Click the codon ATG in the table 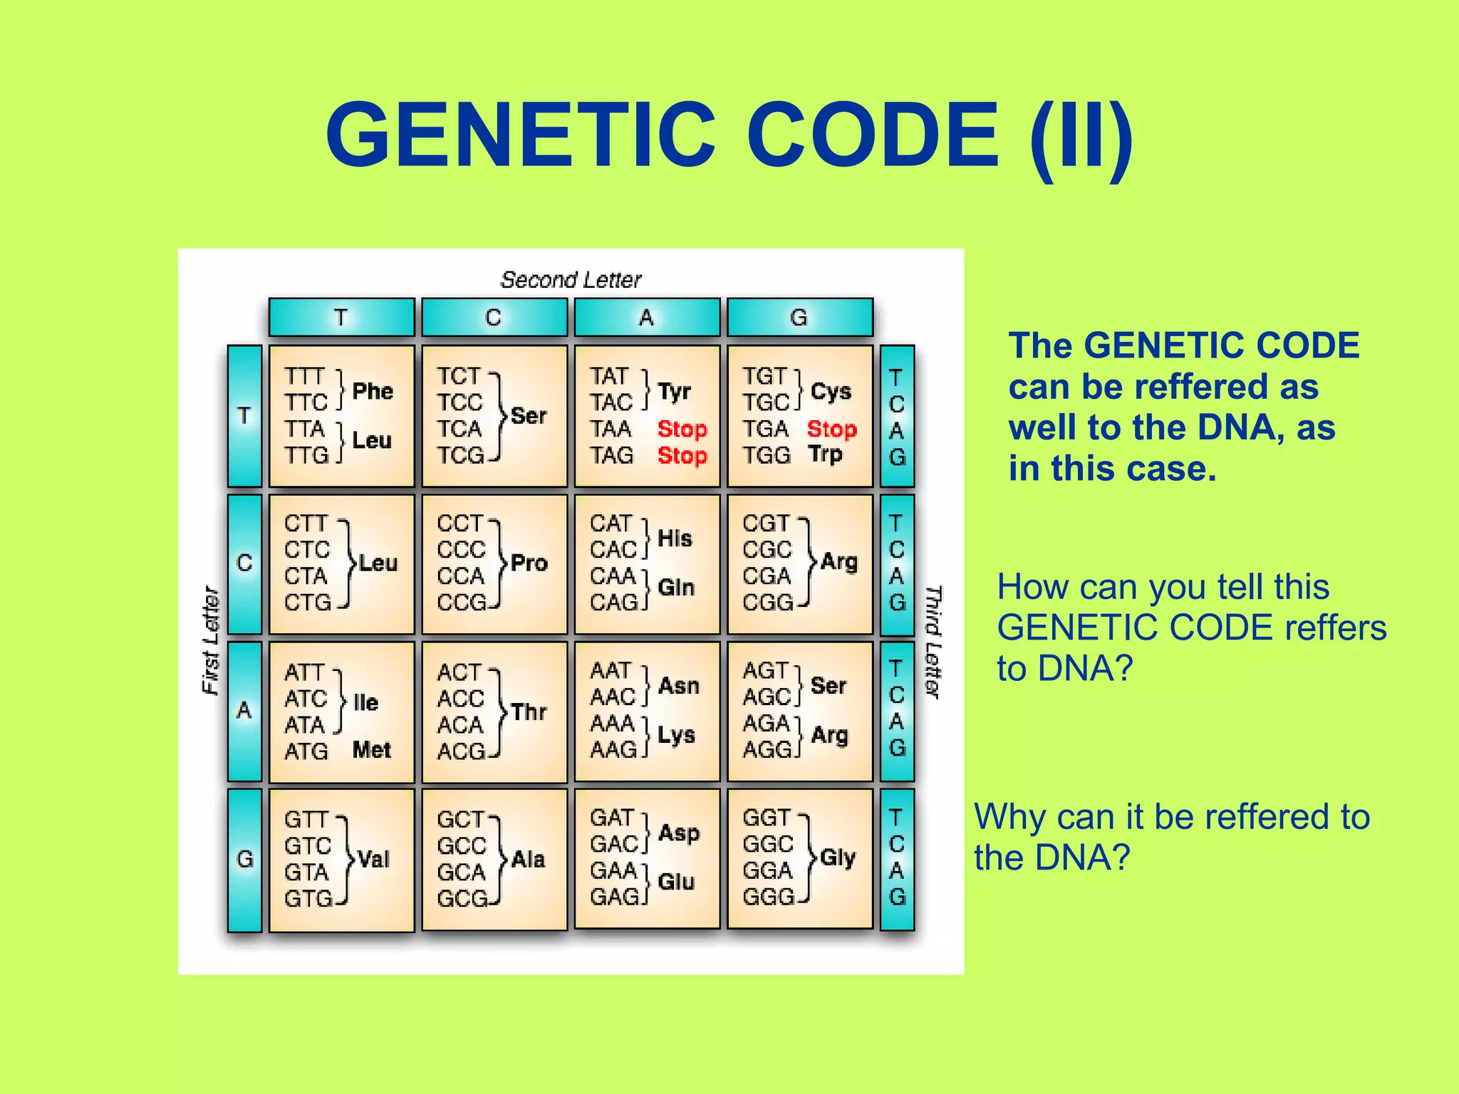pyautogui.click(x=306, y=751)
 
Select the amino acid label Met pyautogui.click(x=371, y=750)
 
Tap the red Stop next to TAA pyautogui.click(x=682, y=429)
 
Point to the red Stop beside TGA pyautogui.click(x=831, y=429)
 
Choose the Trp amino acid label pyautogui.click(x=825, y=454)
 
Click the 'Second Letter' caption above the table pyautogui.click(x=571, y=280)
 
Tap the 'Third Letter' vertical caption pyautogui.click(x=933, y=641)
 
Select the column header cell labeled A pyautogui.click(x=646, y=318)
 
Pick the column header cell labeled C pyautogui.click(x=494, y=318)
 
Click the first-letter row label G pyautogui.click(x=244, y=860)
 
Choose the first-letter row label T pyautogui.click(x=244, y=416)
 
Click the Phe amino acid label pyautogui.click(x=373, y=391)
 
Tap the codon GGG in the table pyautogui.click(x=768, y=897)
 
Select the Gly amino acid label pyautogui.click(x=837, y=858)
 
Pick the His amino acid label pyautogui.click(x=674, y=538)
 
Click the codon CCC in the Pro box pyautogui.click(x=461, y=550)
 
